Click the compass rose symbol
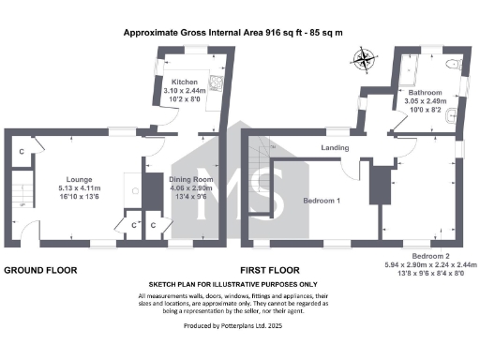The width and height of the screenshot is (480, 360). [364, 62]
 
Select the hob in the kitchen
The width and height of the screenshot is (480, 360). [217, 82]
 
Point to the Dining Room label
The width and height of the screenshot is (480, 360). [191, 178]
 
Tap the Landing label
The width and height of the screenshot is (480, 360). [335, 148]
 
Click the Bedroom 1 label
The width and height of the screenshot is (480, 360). [322, 201]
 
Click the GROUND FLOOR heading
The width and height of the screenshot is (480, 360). [40, 270]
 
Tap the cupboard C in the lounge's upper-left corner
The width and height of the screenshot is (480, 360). [21, 150]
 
